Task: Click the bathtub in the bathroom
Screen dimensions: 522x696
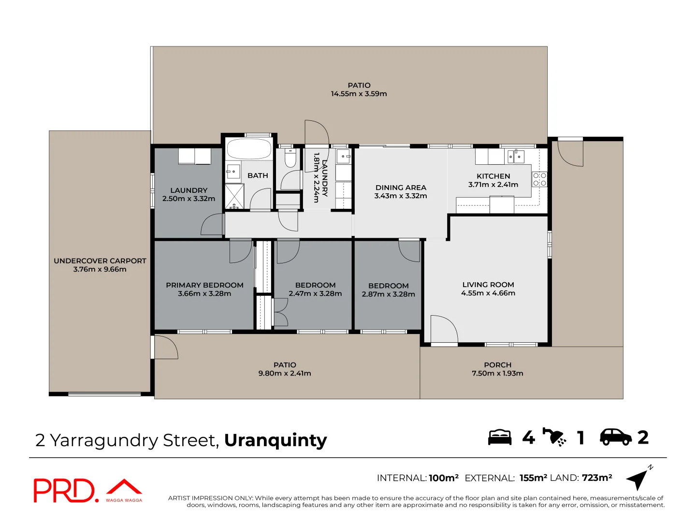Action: pyautogui.click(x=249, y=149)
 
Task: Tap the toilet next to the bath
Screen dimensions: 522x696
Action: pyautogui.click(x=290, y=158)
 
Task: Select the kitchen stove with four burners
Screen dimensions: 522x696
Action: pyautogui.click(x=539, y=179)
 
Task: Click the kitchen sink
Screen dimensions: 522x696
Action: pyautogui.click(x=516, y=157)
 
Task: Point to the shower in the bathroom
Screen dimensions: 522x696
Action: pyautogui.click(x=235, y=196)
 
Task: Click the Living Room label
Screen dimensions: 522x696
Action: pyautogui.click(x=488, y=285)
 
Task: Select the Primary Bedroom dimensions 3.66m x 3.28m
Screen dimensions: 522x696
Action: pyautogui.click(x=204, y=294)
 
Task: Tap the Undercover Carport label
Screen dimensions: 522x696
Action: pyautogui.click(x=100, y=261)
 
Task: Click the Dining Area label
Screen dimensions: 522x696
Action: pyautogui.click(x=401, y=188)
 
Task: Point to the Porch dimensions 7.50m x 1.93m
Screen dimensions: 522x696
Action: pyautogui.click(x=497, y=374)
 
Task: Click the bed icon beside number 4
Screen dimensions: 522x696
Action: pyautogui.click(x=499, y=437)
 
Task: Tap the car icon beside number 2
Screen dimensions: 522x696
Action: pyautogui.click(x=615, y=437)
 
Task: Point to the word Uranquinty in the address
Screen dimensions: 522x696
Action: pyautogui.click(x=275, y=440)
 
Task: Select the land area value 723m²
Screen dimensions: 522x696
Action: pyautogui.click(x=597, y=478)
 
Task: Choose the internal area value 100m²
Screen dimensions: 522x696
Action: pyautogui.click(x=443, y=478)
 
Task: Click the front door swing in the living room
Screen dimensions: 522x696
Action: pyautogui.click(x=443, y=329)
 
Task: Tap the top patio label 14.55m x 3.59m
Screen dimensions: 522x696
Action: pyautogui.click(x=359, y=94)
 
